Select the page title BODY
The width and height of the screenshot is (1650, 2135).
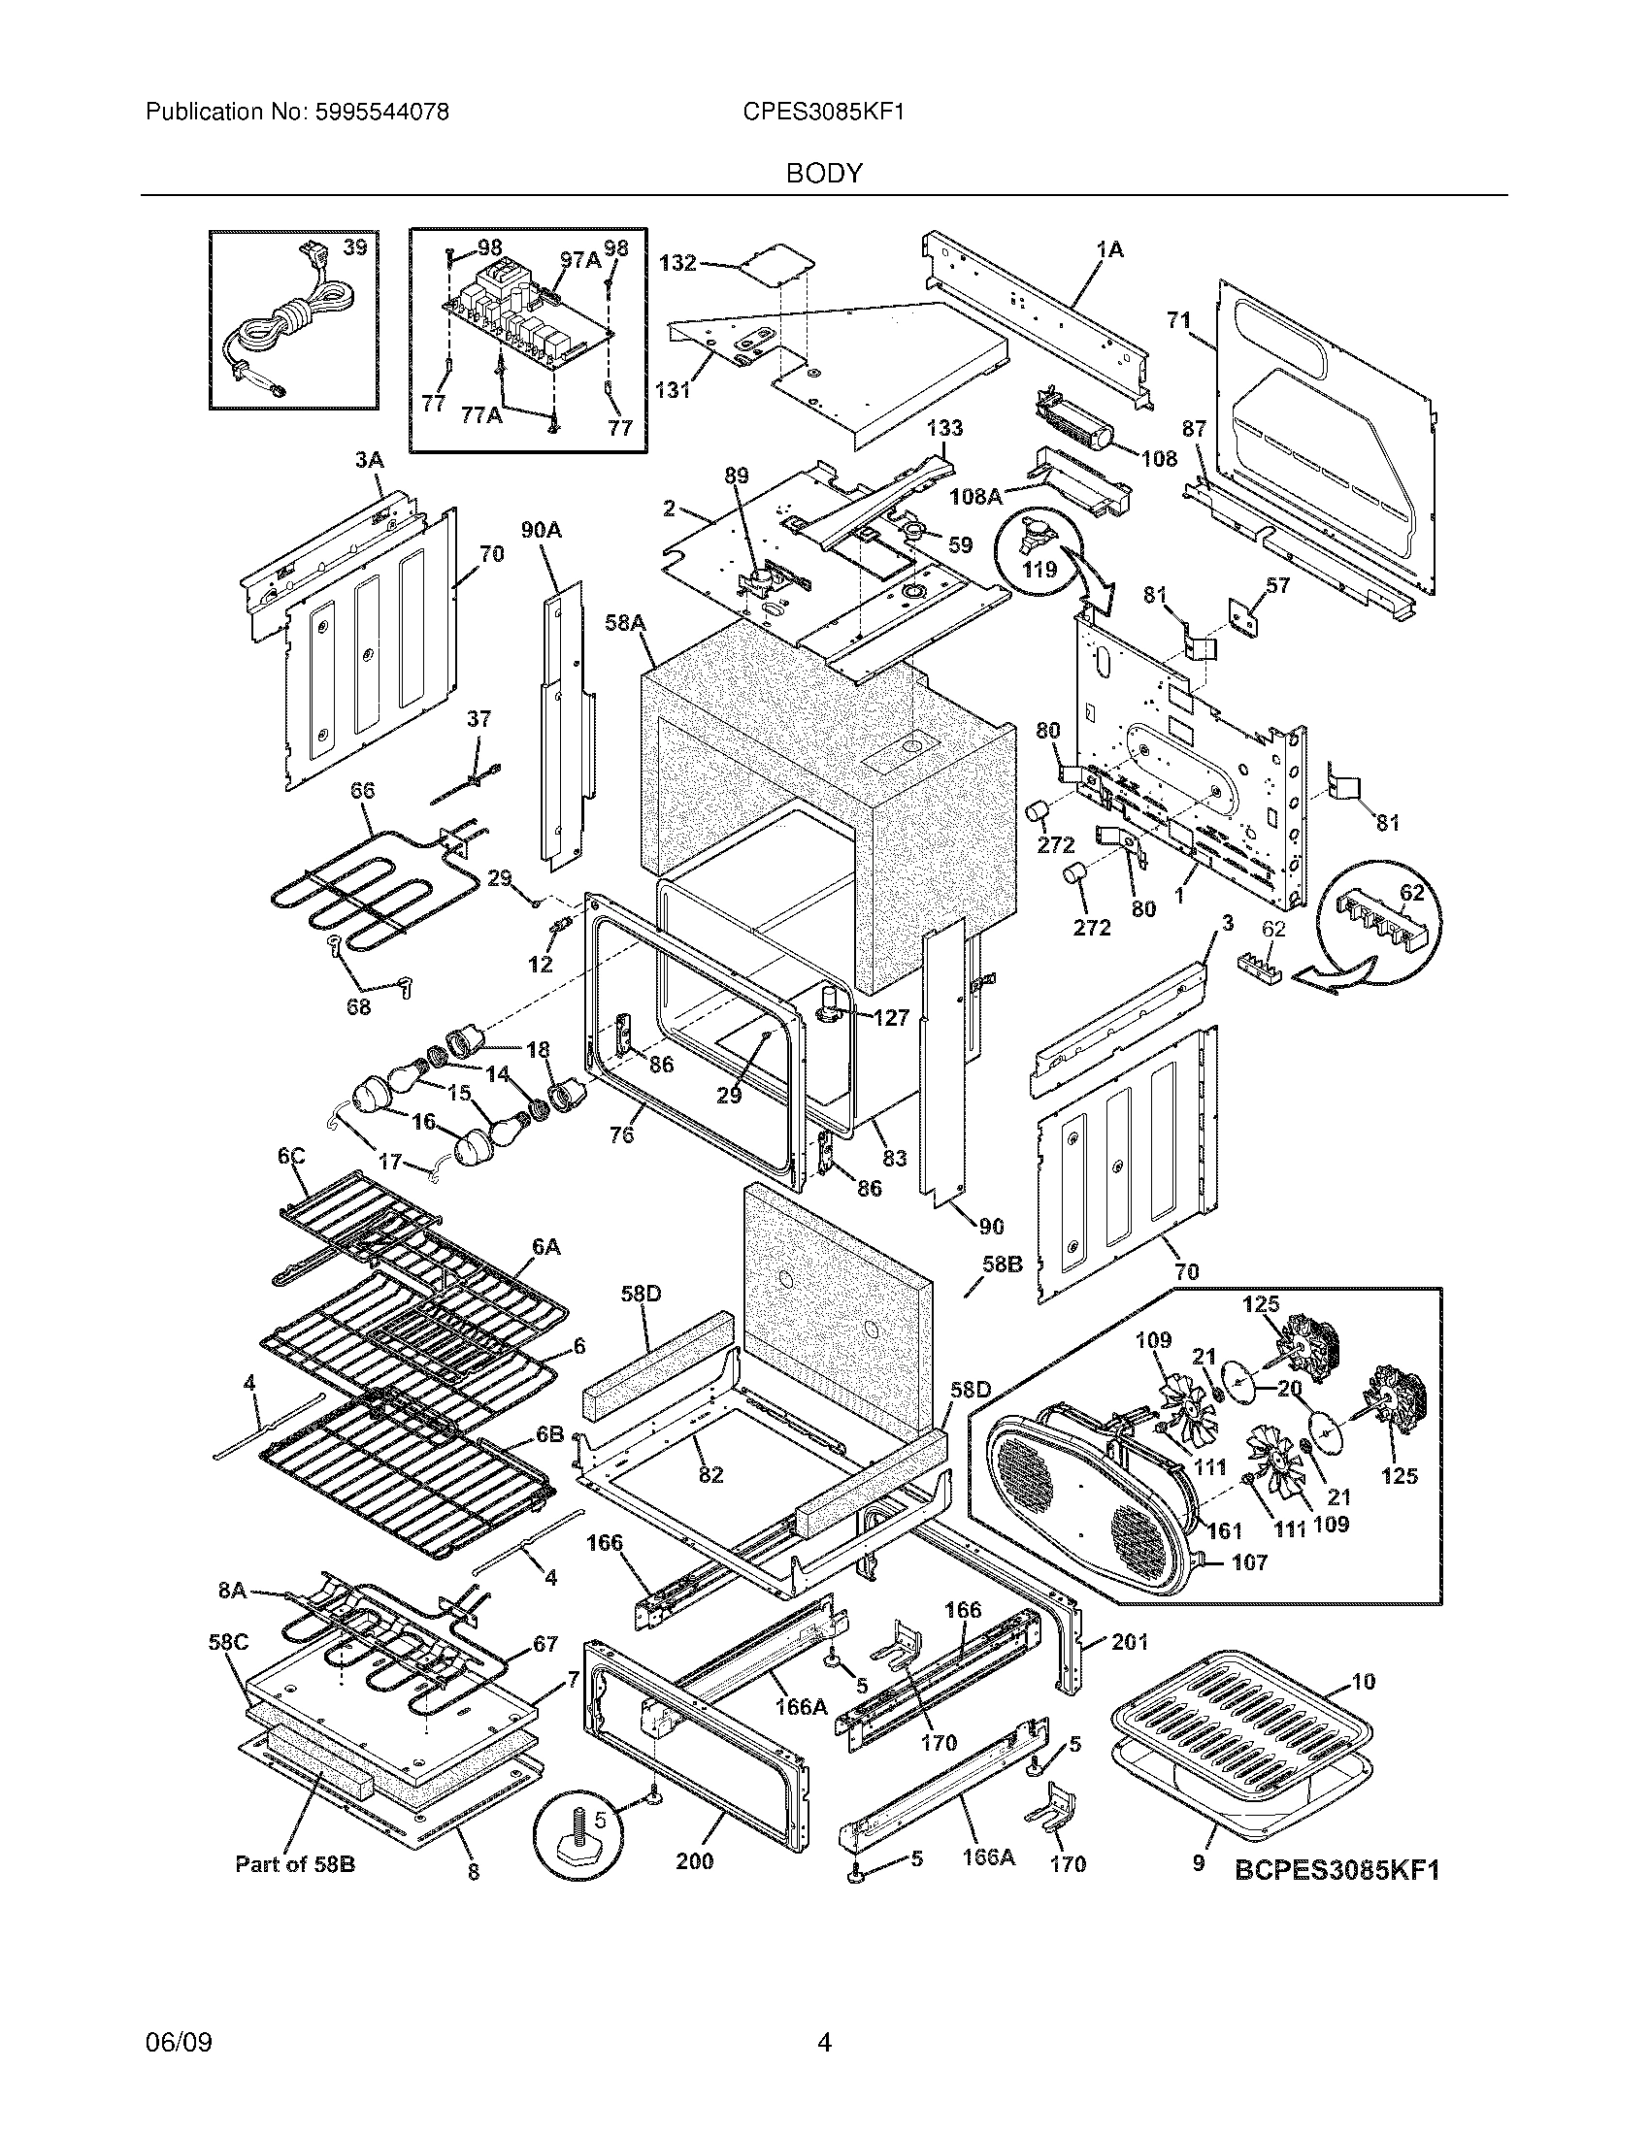pyautogui.click(x=824, y=174)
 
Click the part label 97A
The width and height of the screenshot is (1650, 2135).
pyautogui.click(x=580, y=259)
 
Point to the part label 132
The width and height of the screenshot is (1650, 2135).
pyautogui.click(x=677, y=262)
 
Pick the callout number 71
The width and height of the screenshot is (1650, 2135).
pyautogui.click(x=1179, y=319)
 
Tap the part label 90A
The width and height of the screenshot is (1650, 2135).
pyautogui.click(x=542, y=530)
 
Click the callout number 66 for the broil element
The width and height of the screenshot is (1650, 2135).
pyautogui.click(x=362, y=790)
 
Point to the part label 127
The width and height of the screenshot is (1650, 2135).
pyautogui.click(x=890, y=1018)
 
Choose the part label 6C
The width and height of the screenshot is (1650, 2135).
pyautogui.click(x=290, y=1157)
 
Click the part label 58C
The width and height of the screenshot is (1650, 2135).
pyautogui.click(x=228, y=1643)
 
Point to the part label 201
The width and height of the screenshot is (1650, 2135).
pyautogui.click(x=1130, y=1641)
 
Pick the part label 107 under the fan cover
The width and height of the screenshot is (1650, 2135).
pyautogui.click(x=1250, y=1562)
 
